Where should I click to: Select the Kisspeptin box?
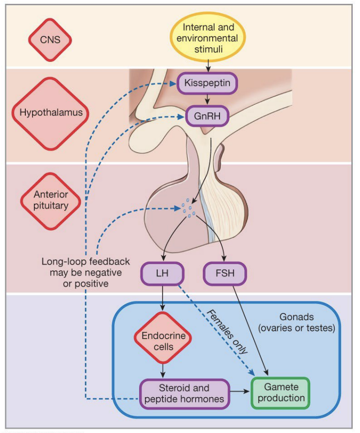[207, 84]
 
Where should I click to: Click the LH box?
[162, 274]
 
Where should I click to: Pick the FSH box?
[225, 274]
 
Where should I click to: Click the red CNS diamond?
[50, 39]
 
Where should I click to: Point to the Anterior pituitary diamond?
[50, 200]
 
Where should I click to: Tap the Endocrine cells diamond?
[164, 340]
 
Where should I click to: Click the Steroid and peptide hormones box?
[185, 393]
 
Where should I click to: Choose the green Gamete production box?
[280, 393]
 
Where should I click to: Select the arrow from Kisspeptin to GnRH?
[207, 100]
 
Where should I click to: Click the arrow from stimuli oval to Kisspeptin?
[207, 64]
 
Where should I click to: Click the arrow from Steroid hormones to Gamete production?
[240, 391]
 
